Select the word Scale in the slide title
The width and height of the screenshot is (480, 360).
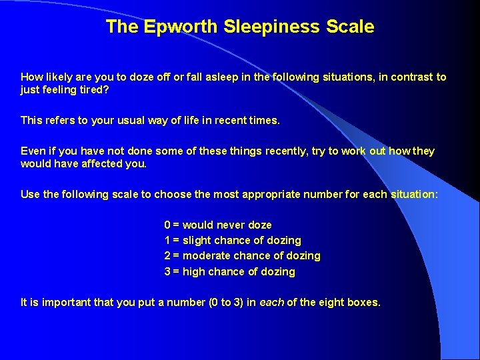click(350, 27)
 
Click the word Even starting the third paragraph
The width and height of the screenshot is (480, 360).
click(33, 151)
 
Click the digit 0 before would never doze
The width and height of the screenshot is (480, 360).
click(167, 225)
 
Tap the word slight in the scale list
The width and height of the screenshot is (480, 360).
click(197, 241)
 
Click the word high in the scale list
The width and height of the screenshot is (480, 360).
click(193, 271)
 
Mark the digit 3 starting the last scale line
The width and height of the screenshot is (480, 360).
click(167, 271)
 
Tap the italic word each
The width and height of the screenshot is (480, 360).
click(271, 303)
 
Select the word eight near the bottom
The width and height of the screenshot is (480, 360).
click(331, 303)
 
